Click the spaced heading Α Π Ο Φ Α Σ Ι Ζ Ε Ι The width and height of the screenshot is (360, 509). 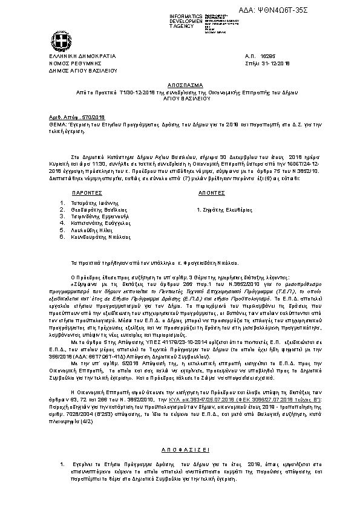click(x=180, y=450)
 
